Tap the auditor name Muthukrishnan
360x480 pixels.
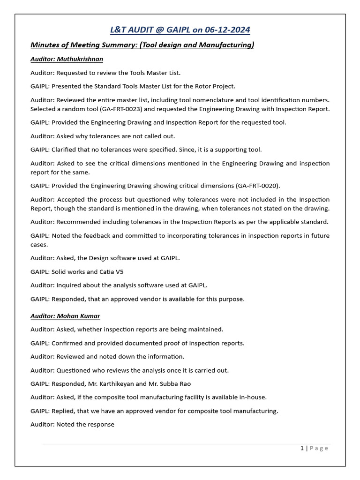(x=80, y=59)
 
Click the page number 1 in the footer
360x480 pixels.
(x=302, y=448)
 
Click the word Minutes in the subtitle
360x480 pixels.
(x=45, y=45)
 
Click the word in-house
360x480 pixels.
(x=254, y=397)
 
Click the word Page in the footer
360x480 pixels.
(x=319, y=448)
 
